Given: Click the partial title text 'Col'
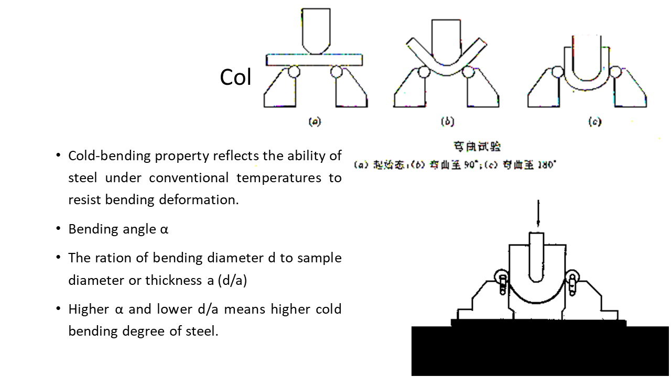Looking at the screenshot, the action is [235, 77].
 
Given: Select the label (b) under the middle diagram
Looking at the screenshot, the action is [447, 122].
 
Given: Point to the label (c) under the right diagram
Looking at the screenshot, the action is [594, 122].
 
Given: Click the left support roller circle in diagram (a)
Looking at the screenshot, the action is [294, 71].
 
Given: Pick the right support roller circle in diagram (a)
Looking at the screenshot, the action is [337, 71].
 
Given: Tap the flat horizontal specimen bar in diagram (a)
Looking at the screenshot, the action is [315, 60].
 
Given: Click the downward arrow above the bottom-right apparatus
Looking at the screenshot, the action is [537, 215].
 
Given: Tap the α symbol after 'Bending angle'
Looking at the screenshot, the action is [164, 229].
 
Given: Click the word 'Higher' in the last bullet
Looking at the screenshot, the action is [89, 309].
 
